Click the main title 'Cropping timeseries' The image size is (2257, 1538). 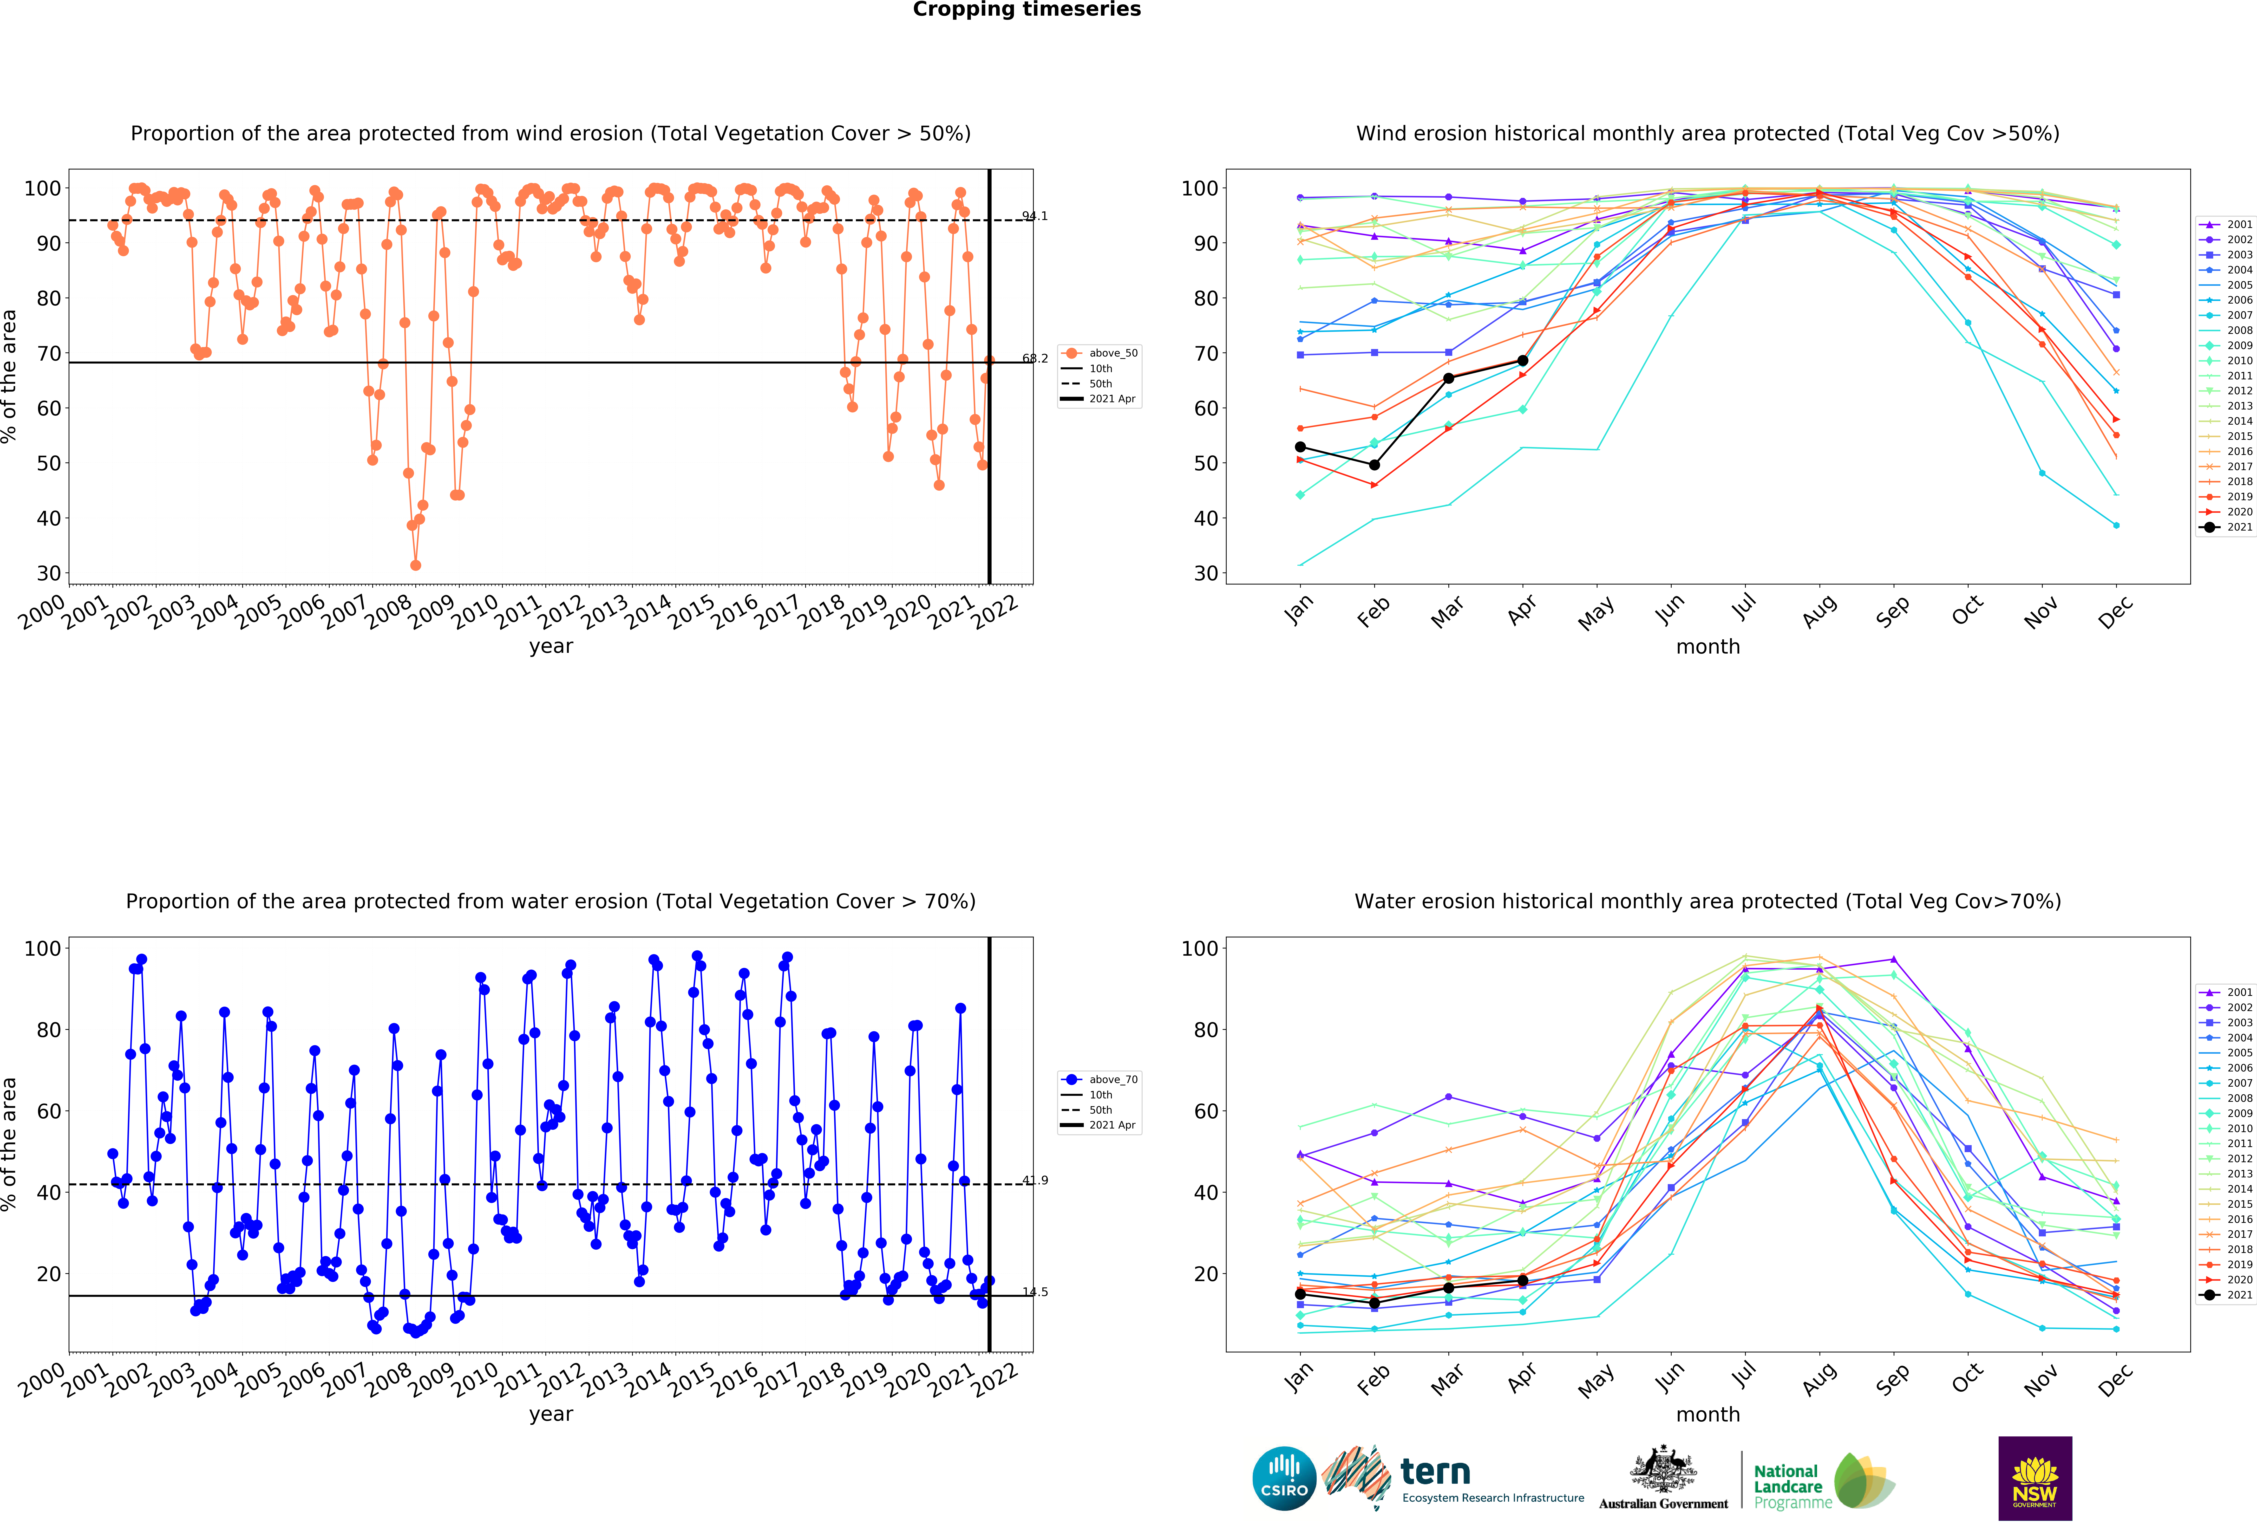click(1027, 10)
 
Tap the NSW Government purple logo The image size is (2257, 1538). click(2035, 1478)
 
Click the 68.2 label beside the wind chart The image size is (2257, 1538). click(1034, 358)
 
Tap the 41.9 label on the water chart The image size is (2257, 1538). click(1034, 1181)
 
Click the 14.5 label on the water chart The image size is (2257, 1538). click(1034, 1292)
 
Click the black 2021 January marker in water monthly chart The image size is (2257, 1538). click(1300, 1294)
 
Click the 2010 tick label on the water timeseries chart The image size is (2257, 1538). click(475, 1379)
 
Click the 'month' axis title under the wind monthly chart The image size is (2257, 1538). click(1707, 647)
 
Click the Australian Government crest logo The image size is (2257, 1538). click(1663, 1478)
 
